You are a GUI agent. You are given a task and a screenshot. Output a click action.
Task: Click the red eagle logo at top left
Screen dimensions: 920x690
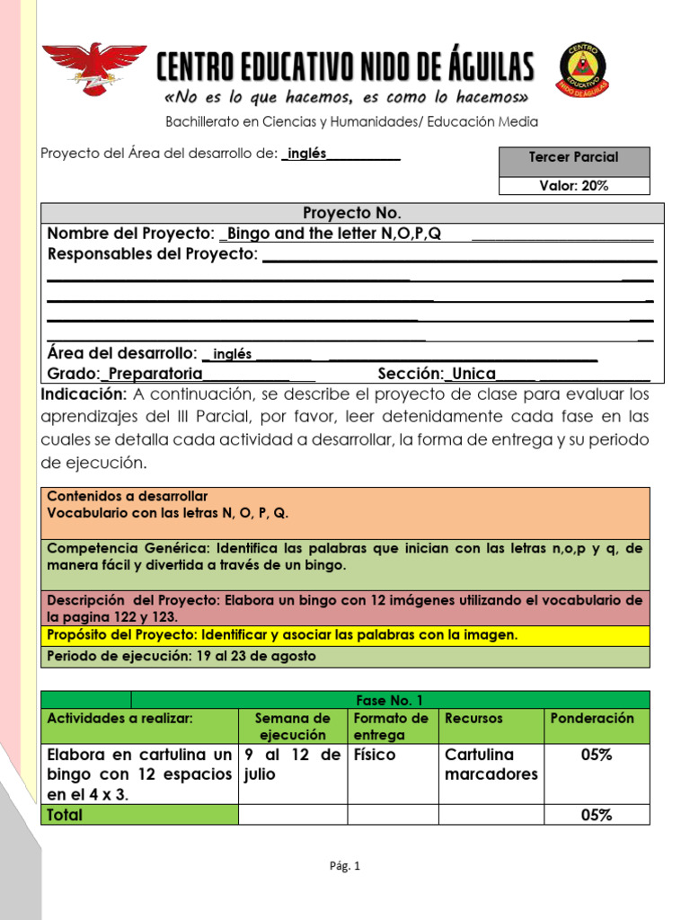pyautogui.click(x=94, y=68)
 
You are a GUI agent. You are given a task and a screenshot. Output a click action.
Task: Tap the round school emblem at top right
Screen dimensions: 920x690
pyautogui.click(x=582, y=68)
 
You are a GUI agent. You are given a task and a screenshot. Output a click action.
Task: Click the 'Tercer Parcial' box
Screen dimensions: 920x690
pyautogui.click(x=573, y=157)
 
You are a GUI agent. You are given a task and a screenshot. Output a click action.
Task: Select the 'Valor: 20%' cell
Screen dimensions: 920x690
pyautogui.click(x=573, y=186)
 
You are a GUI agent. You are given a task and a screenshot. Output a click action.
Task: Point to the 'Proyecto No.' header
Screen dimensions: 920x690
pyautogui.click(x=351, y=213)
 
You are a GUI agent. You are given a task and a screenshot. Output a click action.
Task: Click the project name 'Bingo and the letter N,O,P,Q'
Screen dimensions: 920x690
pyautogui.click(x=334, y=234)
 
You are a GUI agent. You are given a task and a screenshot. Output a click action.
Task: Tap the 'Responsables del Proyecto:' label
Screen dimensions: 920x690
pyautogui.click(x=152, y=254)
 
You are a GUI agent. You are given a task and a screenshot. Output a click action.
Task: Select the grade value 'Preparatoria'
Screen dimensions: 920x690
pyautogui.click(x=155, y=374)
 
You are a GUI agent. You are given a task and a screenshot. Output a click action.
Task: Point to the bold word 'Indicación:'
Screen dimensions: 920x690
pyautogui.click(x=84, y=394)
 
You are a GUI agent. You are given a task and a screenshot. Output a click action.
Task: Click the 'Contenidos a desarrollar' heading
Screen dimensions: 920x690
pyautogui.click(x=127, y=496)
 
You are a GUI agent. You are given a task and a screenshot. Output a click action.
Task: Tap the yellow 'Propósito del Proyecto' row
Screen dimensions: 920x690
pyautogui.click(x=344, y=635)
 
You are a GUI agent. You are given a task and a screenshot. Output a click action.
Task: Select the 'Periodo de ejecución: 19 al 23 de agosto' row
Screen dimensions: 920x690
pyautogui.click(x=344, y=656)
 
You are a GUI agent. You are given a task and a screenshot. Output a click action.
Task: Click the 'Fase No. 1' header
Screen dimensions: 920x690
pyautogui.click(x=389, y=700)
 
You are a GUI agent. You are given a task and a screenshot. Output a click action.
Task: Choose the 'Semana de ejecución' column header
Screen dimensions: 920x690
pyautogui.click(x=292, y=726)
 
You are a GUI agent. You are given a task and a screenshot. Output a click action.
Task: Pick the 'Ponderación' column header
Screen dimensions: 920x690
pyautogui.click(x=591, y=719)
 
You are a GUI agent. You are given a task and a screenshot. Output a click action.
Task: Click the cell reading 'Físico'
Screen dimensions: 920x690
pyautogui.click(x=375, y=755)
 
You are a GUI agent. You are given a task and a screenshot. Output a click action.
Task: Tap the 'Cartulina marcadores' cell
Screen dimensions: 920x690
pyautogui.click(x=491, y=765)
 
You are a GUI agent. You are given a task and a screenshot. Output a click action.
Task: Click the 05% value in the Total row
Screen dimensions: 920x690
pyautogui.click(x=596, y=815)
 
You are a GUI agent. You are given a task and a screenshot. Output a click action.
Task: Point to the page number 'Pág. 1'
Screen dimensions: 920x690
pyautogui.click(x=344, y=867)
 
